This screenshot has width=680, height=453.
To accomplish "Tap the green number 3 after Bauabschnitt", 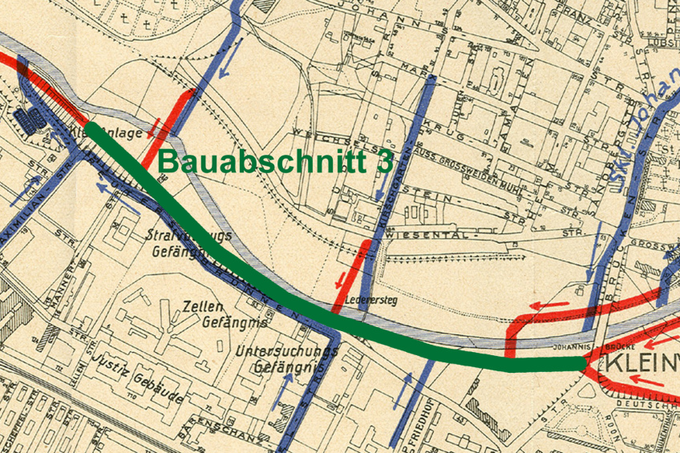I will pyautogui.click(x=386, y=160).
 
